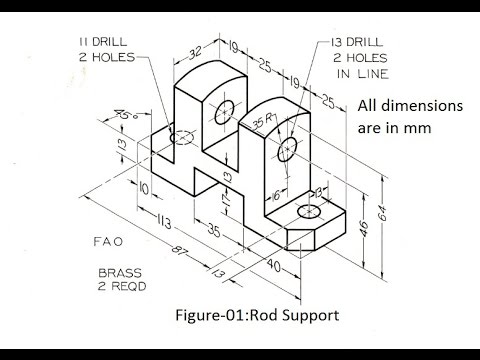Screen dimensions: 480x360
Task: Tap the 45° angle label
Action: click(125, 115)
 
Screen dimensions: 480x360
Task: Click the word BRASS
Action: click(121, 271)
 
